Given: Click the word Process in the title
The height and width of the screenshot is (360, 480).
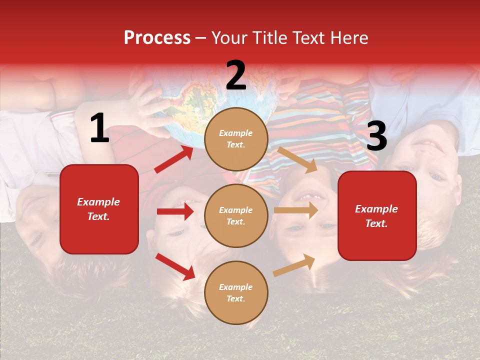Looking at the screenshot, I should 157,38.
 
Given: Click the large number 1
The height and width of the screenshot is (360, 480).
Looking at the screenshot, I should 99,128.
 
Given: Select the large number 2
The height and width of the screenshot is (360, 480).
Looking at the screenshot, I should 236,75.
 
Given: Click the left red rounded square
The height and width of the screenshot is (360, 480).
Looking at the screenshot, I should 99,209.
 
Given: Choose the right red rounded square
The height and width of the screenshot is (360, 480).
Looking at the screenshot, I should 377,215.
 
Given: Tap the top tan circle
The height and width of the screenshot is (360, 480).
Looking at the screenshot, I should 236,139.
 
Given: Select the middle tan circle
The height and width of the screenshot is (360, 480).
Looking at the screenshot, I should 236,215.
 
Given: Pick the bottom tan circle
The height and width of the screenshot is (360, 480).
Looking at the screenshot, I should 236,292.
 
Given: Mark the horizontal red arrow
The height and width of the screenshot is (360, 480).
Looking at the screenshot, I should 175,211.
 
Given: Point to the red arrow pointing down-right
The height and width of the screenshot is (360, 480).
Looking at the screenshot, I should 175,266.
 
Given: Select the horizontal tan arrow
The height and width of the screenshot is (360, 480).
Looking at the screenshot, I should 296,210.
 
